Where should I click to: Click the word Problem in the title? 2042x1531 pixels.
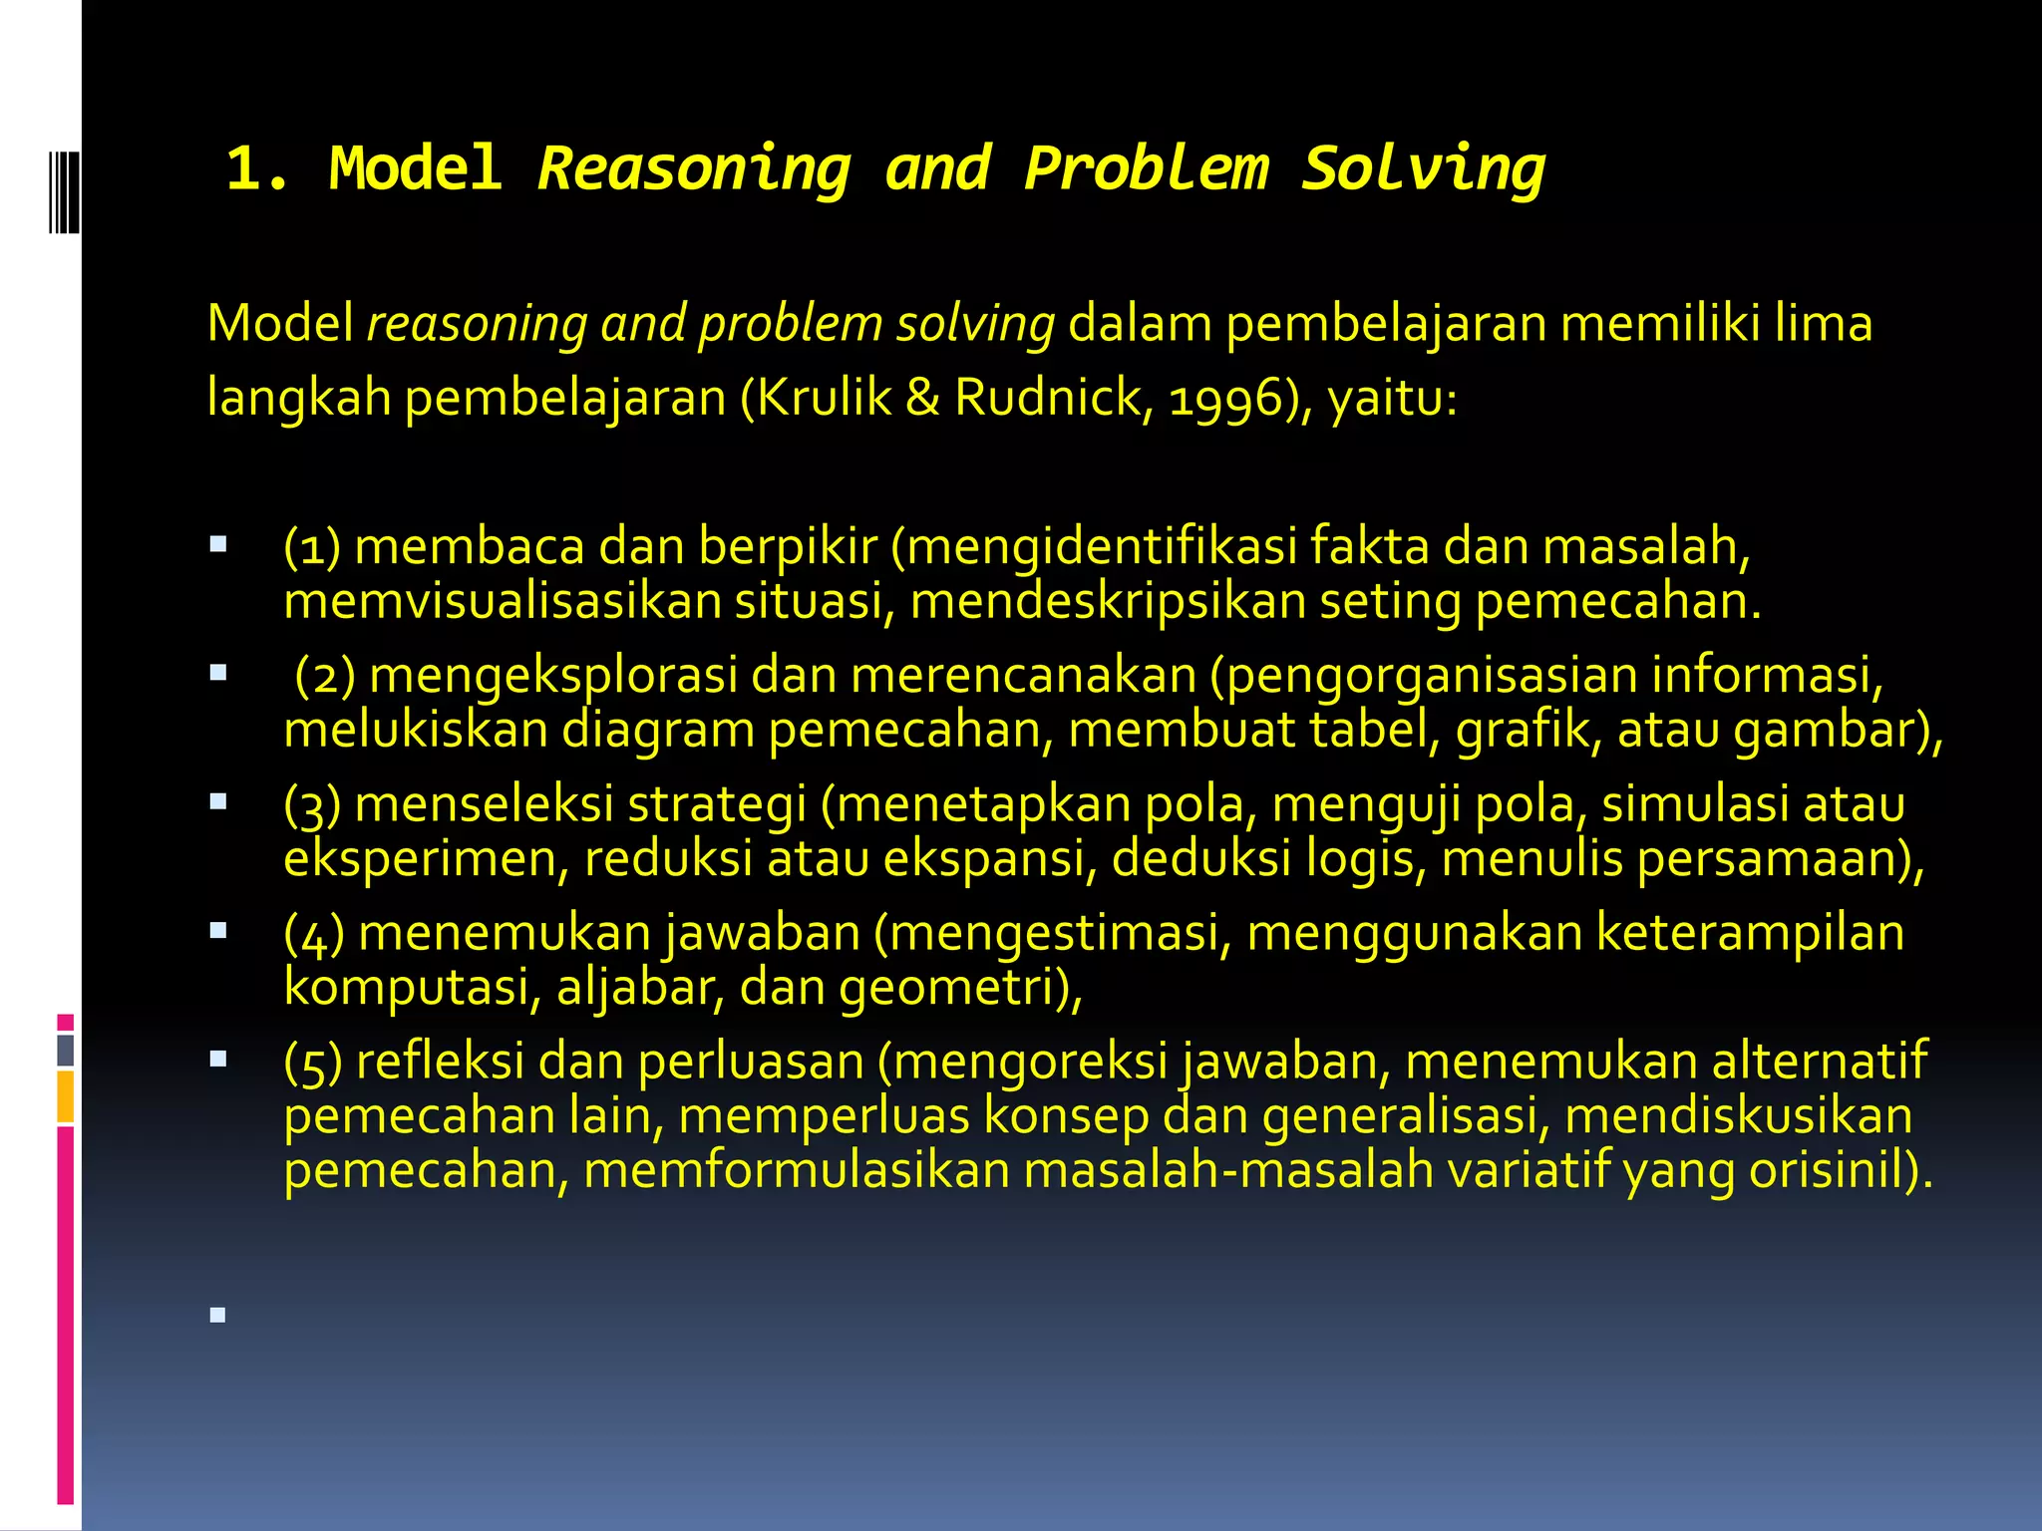pyautogui.click(x=1146, y=168)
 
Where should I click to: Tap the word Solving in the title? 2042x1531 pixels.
pyautogui.click(x=1423, y=168)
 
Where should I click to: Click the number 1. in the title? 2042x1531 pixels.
pyautogui.click(x=258, y=168)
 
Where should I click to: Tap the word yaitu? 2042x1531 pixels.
pyautogui.click(x=1392, y=399)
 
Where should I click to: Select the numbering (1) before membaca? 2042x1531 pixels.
pyautogui.click(x=312, y=547)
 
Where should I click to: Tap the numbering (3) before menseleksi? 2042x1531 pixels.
pyautogui.click(x=312, y=804)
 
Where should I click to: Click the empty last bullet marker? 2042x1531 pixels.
pyautogui.click(x=218, y=1316)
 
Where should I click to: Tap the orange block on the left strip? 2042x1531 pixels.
pyautogui.click(x=66, y=1096)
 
